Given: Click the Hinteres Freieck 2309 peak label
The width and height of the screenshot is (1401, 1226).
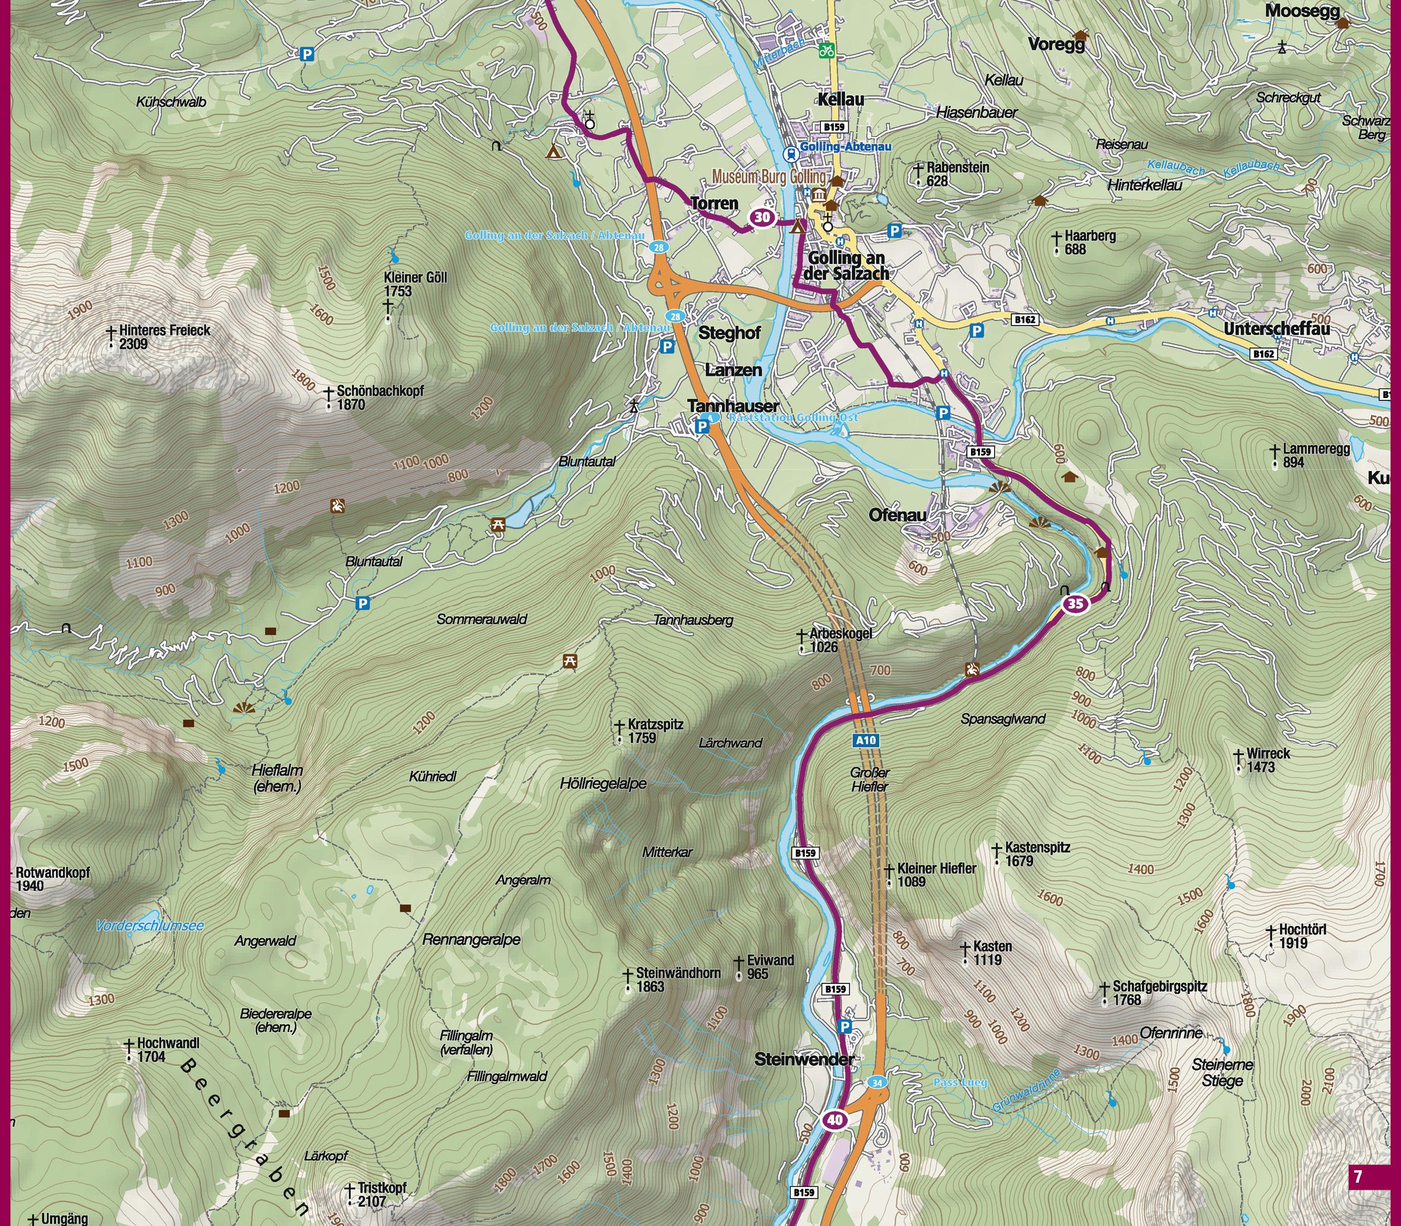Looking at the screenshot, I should click(x=164, y=337).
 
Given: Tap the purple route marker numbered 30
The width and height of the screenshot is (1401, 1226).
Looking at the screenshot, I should click(x=762, y=218).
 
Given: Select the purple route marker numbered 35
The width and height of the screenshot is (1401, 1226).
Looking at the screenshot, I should click(x=1075, y=603).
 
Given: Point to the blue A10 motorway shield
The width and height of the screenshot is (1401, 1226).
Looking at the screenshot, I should click(x=865, y=740).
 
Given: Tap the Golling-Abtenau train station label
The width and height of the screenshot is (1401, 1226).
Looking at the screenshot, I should click(x=845, y=147).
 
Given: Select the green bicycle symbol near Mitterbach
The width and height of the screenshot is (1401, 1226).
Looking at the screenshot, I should click(x=826, y=49).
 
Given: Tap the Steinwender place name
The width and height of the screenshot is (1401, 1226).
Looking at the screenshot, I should click(x=804, y=1060).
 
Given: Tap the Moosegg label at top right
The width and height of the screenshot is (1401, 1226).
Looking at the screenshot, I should click(x=1303, y=10).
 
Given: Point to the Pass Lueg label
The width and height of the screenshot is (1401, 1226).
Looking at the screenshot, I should click(x=960, y=1082).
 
